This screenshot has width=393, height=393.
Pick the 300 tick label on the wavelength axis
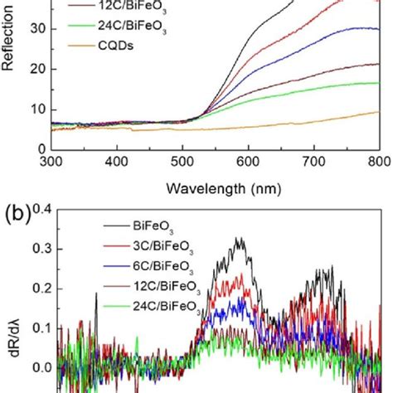52,161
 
